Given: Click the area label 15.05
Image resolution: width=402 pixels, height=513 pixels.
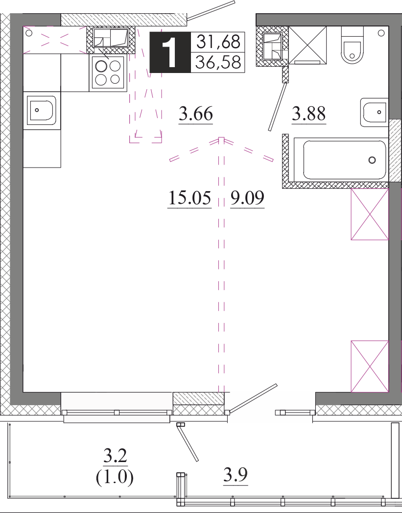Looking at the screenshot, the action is point(189,198).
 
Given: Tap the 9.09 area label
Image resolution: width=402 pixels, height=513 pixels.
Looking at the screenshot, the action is point(247,198).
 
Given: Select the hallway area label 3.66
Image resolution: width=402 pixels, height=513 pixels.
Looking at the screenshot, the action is point(196,114).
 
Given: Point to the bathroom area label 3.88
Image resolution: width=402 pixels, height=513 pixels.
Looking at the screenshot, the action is point(308,114).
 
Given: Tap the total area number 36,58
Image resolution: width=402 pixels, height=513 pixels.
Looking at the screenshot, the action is point(218,62).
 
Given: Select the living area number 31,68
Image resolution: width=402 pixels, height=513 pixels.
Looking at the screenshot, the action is point(218,42).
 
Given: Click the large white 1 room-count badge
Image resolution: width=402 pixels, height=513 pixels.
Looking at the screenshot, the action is point(170,52).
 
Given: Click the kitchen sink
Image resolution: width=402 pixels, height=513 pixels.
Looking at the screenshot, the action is point(42,110).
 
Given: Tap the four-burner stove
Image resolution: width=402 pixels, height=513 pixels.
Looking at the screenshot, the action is point(108,73).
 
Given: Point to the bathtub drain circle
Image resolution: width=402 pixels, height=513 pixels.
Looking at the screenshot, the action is point(372,160).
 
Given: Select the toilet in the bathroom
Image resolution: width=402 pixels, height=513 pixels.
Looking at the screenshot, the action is point(352,45).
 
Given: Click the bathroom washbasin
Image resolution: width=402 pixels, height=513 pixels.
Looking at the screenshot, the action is point(375,112).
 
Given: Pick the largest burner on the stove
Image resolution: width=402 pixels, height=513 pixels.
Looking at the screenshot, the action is point(101,67).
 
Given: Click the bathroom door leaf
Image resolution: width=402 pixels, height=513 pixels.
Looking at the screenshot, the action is point(278,107).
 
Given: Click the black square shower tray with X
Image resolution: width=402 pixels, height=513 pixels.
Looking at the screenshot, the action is point(307,45).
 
